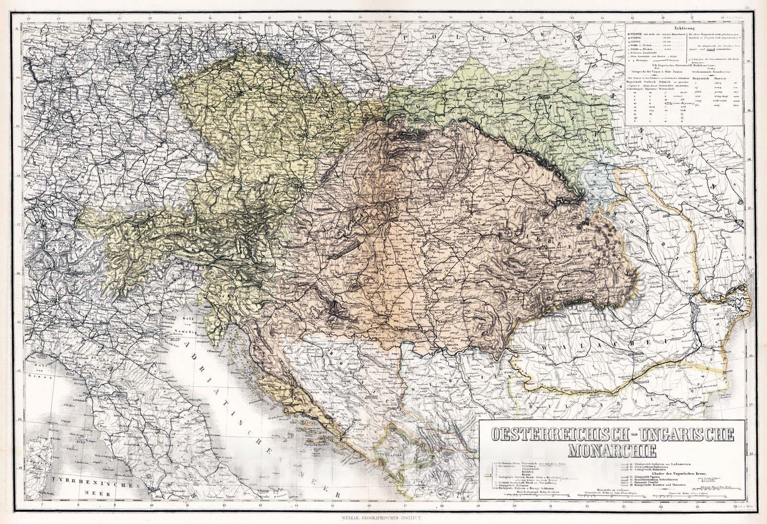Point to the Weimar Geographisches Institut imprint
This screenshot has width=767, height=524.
(x=383, y=517)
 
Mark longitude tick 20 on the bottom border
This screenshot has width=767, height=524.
(x=514, y=505)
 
